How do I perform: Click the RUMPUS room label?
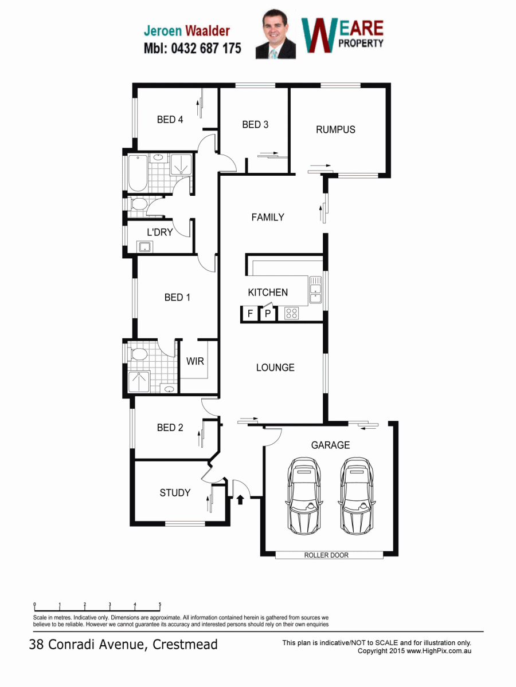[x=335, y=129]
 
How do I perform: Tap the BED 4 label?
[x=170, y=119]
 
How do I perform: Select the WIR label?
[x=195, y=361]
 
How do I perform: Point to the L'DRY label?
[x=160, y=232]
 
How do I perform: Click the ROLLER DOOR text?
[x=326, y=555]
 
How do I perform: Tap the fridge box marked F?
[x=250, y=313]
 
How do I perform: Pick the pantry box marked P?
[x=268, y=313]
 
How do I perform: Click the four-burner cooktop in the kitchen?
[x=291, y=313]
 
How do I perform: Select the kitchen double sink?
[x=315, y=290]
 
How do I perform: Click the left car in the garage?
[x=304, y=495]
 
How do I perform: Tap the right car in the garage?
[x=357, y=495]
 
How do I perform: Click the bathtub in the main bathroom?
[x=138, y=173]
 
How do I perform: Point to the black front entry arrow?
[x=240, y=500]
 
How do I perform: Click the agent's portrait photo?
[x=276, y=34]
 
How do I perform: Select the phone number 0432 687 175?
[x=206, y=48]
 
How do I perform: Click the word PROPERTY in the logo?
[x=361, y=43]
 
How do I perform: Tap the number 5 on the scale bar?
[x=160, y=605]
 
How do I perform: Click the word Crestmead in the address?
[x=185, y=645]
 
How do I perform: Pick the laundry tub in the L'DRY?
[x=145, y=247]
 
